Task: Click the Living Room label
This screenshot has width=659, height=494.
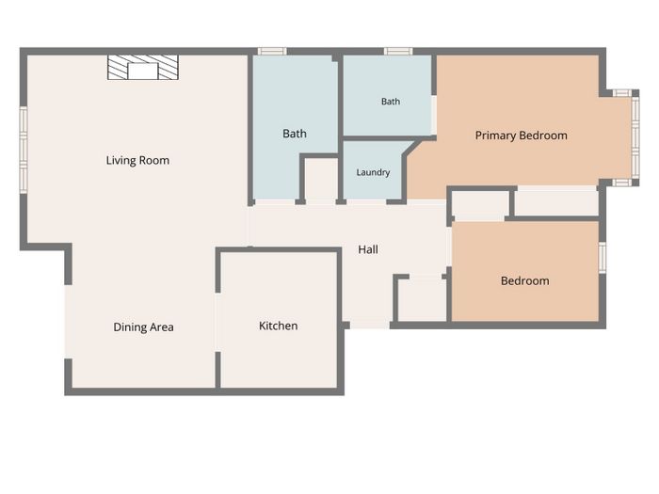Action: tap(137, 161)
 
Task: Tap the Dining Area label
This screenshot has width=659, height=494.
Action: tap(143, 327)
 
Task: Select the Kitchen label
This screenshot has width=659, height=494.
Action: tap(279, 326)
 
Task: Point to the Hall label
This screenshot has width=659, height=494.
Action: tap(368, 249)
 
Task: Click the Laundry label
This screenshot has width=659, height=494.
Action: tap(373, 172)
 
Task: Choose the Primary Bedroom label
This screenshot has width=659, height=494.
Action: tap(522, 135)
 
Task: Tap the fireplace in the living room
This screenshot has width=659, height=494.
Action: tap(143, 67)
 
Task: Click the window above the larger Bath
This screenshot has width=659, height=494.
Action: tap(272, 51)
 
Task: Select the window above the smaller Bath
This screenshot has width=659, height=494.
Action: tap(398, 51)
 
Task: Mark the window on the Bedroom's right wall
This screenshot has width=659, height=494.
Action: tap(603, 258)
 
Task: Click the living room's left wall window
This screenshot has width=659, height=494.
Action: tap(24, 150)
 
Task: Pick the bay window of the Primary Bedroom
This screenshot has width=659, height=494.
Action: tap(635, 137)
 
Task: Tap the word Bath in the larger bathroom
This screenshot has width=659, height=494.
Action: tap(295, 134)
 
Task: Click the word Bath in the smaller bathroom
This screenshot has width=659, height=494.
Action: tap(391, 102)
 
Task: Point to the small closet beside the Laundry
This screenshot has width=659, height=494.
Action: tap(321, 179)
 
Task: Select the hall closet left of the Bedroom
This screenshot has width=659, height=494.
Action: tap(422, 298)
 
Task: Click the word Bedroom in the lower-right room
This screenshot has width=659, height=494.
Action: tap(525, 281)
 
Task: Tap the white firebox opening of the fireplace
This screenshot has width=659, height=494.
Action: tap(143, 72)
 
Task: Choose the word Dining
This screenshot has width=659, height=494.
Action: tap(128, 327)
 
